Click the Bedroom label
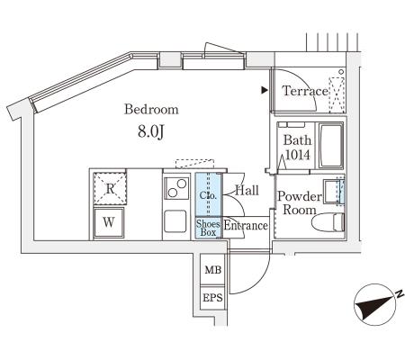(x=151, y=109)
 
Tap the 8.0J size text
(x=151, y=131)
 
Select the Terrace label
(x=305, y=91)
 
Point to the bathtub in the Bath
(x=331, y=146)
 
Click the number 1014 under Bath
(x=297, y=155)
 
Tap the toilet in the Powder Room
(x=328, y=222)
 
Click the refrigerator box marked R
(x=110, y=189)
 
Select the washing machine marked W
(x=109, y=222)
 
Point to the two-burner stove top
(x=176, y=188)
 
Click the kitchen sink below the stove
(x=175, y=221)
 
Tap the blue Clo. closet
(x=209, y=194)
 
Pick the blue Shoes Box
(x=209, y=228)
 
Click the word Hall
(x=247, y=190)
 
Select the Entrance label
(x=246, y=226)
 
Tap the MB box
(x=212, y=269)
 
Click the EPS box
(x=212, y=298)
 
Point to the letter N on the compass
(x=400, y=293)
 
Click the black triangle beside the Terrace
(x=264, y=90)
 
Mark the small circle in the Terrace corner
(x=341, y=72)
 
